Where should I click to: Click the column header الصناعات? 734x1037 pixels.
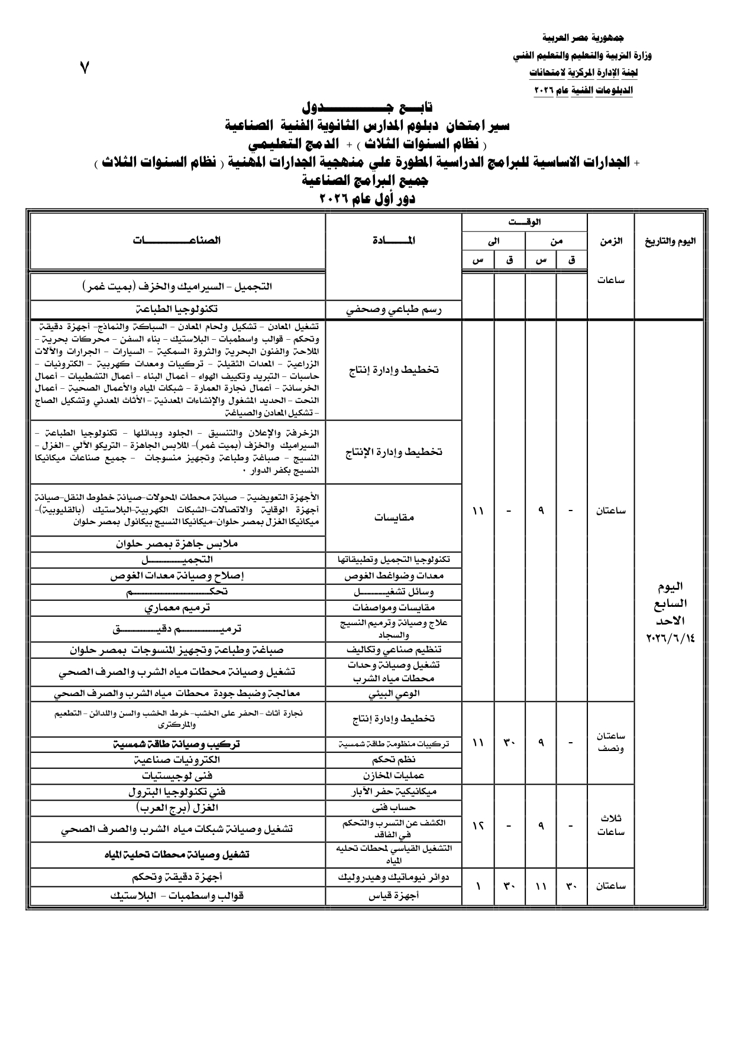point(177,240)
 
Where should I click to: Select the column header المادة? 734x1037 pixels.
point(394,240)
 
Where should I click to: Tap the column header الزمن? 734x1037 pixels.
point(611,241)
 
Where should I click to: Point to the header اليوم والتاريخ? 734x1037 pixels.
point(671,241)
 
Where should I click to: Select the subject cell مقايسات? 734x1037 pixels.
point(394,517)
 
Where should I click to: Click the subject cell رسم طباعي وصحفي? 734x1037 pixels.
point(394,309)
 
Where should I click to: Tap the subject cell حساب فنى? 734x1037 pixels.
point(394,807)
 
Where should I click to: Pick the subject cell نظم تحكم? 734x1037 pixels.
point(394,760)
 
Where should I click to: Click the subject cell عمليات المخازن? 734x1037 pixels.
point(394,775)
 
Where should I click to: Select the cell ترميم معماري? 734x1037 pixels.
point(177,607)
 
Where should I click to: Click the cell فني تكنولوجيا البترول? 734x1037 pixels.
point(177,791)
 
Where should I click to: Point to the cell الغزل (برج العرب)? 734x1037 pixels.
point(177,807)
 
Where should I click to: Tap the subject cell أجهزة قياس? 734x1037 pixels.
point(394,895)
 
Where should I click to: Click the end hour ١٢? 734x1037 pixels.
point(478,825)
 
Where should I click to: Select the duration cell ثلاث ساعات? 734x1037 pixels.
point(611,825)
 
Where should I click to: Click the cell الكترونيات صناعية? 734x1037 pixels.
point(177,760)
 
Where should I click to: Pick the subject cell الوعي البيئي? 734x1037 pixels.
point(394,694)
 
